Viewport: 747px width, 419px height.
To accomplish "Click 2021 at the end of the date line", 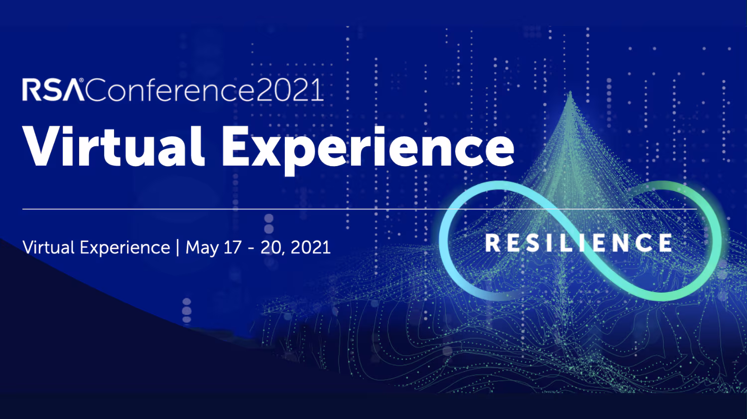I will click(311, 247).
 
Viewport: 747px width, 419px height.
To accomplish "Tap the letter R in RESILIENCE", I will click(493, 243).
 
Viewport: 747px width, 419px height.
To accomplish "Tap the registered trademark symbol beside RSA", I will click(81, 81).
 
